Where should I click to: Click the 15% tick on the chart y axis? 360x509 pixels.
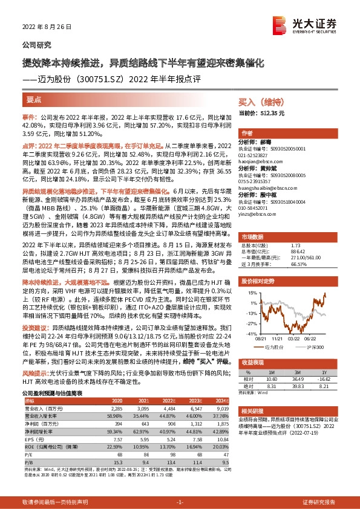(252, 293)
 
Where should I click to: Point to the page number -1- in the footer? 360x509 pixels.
(180, 502)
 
